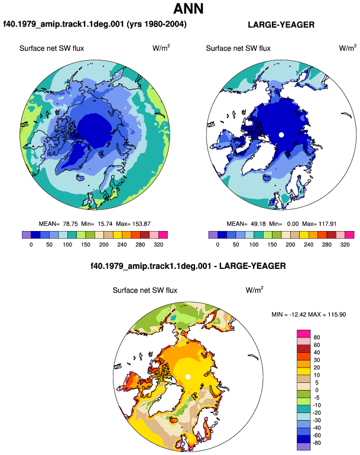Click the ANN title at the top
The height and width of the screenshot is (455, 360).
coord(188,8)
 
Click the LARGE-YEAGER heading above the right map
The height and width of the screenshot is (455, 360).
coord(281,25)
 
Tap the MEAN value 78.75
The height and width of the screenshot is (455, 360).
coord(70,224)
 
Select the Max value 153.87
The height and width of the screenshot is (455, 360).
coord(141,224)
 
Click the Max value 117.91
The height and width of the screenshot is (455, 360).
coord(327,224)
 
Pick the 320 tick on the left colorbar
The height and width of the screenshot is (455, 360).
coord(158,245)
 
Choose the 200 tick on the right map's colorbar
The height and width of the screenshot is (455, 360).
coord(290,245)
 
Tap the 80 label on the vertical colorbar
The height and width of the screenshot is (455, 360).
coord(317,337)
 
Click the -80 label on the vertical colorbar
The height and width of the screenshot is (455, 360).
coord(316,443)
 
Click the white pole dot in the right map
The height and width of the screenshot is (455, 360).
coord(281,135)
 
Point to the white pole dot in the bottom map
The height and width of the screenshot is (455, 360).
coord(188,376)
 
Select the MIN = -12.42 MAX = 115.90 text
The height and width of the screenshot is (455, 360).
coord(309,314)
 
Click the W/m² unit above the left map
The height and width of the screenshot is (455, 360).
coord(161,48)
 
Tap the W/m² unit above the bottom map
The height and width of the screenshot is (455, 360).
coord(254,290)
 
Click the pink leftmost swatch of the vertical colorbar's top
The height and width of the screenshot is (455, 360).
coord(304,333)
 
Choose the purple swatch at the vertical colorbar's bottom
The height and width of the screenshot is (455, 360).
coord(304,447)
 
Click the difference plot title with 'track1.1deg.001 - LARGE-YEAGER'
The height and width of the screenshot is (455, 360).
coord(188,266)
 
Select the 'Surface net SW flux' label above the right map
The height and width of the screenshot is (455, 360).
coord(238,48)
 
